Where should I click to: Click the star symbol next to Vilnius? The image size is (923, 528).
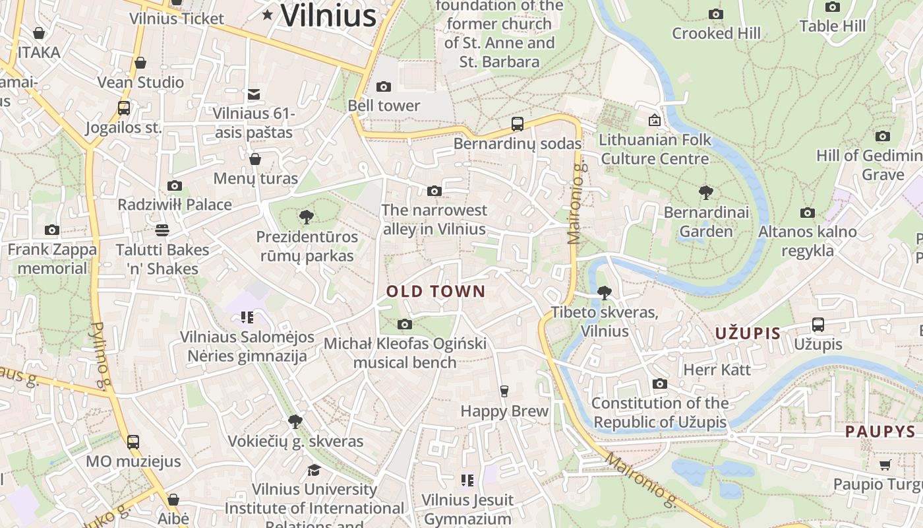pyautogui.click(x=268, y=15)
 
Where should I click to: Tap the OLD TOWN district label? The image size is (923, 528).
pyautogui.click(x=436, y=291)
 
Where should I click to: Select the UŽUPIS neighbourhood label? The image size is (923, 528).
pyautogui.click(x=748, y=333)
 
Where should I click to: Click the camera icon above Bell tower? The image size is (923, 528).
pyautogui.click(x=383, y=86)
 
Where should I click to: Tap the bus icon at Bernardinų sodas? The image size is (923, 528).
pyautogui.click(x=518, y=124)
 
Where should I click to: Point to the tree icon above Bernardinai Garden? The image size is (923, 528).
pyautogui.click(x=706, y=193)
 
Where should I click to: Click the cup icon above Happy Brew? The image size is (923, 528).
pyautogui.click(x=504, y=391)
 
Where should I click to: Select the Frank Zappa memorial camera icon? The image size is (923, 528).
pyautogui.click(x=52, y=230)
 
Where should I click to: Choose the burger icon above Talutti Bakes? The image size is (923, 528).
pyautogui.click(x=162, y=230)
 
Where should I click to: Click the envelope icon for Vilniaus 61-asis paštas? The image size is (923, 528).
pyautogui.click(x=254, y=94)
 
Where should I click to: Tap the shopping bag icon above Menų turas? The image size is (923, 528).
pyautogui.click(x=255, y=159)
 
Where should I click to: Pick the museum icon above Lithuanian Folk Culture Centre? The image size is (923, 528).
pyautogui.click(x=655, y=120)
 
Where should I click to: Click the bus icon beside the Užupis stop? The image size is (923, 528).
pyautogui.click(x=818, y=325)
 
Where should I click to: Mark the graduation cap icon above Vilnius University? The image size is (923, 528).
pyautogui.click(x=314, y=470)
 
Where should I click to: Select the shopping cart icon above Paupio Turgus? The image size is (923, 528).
pyautogui.click(x=885, y=465)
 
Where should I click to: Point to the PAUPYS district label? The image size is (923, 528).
pyautogui.click(x=880, y=432)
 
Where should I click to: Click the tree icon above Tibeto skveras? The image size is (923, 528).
pyautogui.click(x=604, y=292)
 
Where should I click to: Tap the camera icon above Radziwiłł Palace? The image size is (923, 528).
pyautogui.click(x=175, y=185)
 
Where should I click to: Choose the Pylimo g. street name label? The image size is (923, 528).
pyautogui.click(x=100, y=355)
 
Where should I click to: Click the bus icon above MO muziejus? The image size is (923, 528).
pyautogui.click(x=133, y=442)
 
